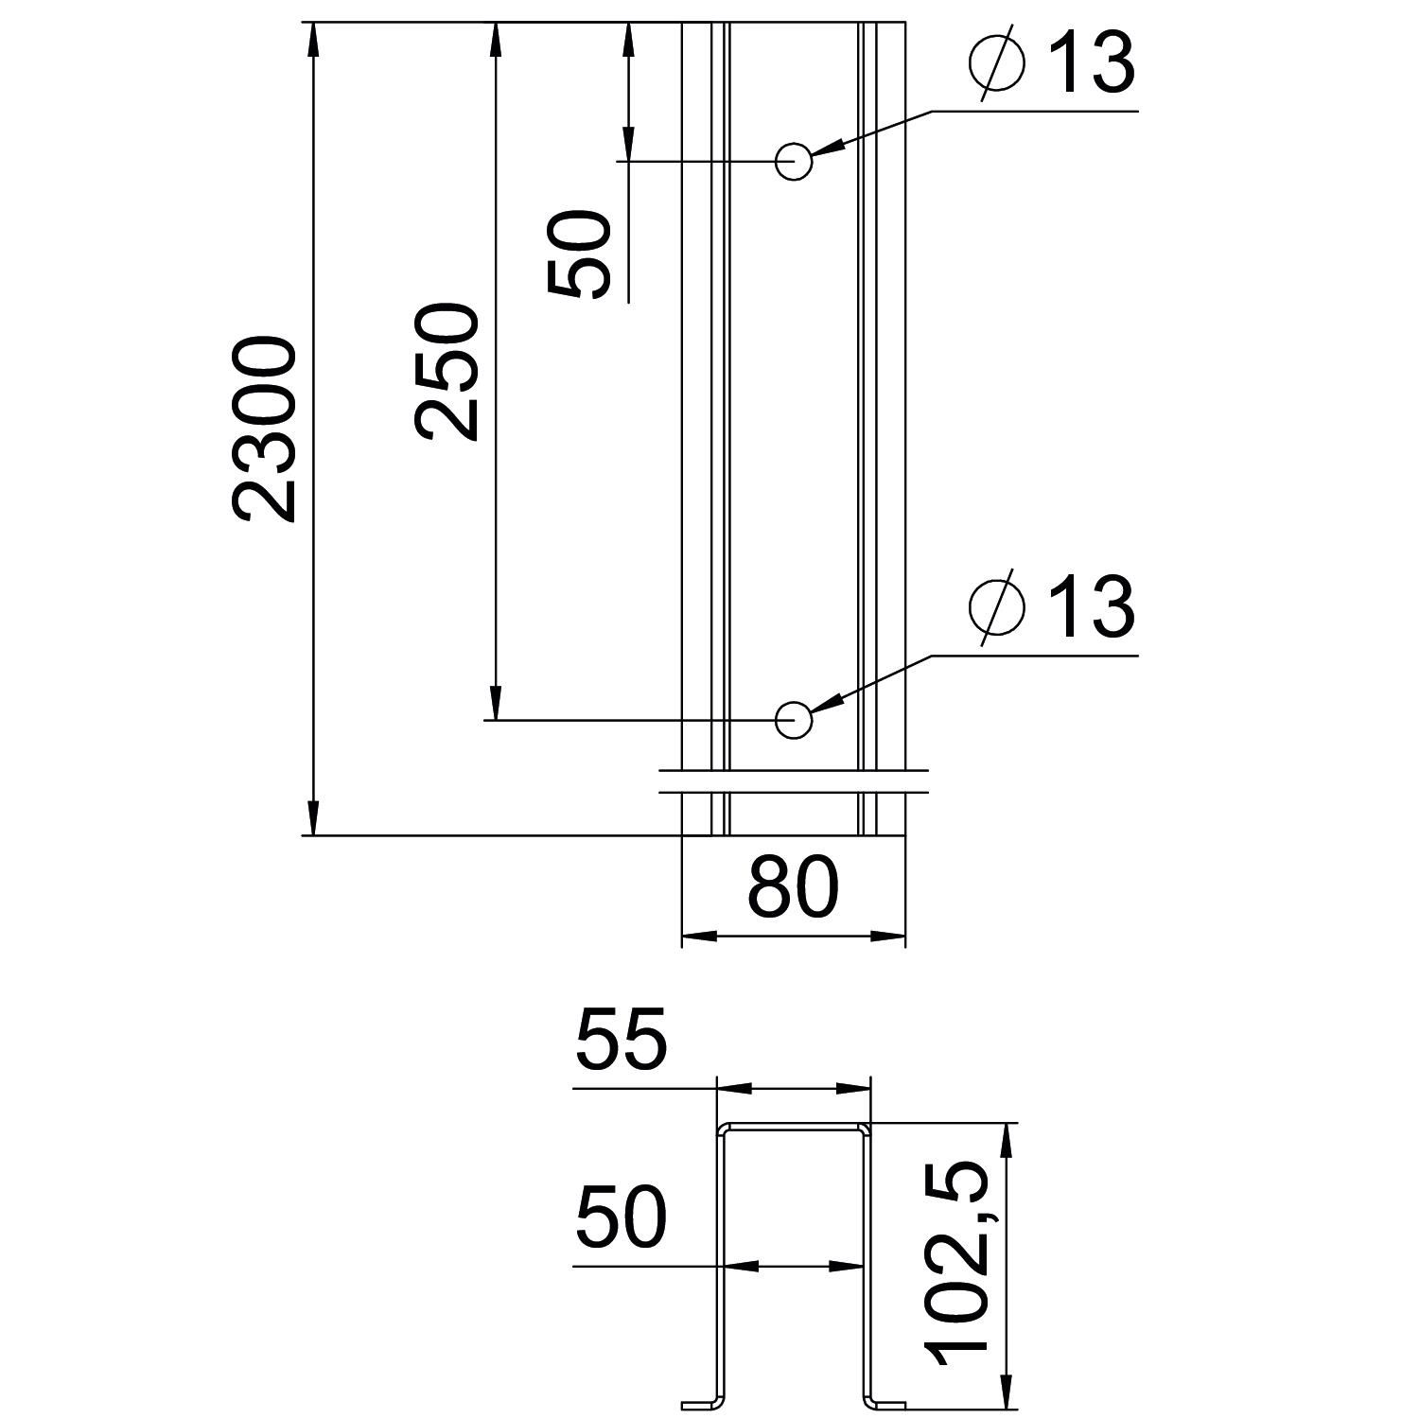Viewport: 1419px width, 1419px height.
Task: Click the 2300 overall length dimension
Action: click(265, 428)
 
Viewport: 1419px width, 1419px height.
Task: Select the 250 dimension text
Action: click(447, 371)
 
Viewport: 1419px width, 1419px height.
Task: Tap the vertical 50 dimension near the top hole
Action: click(579, 254)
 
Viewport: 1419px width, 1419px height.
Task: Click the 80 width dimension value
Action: click(793, 888)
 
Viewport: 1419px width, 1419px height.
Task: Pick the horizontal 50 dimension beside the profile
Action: click(621, 1216)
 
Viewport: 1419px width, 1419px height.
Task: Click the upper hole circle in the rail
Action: click(794, 162)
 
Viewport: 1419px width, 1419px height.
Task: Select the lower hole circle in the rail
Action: click(794, 720)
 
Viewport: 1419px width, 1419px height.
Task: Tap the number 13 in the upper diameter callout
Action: click(1092, 64)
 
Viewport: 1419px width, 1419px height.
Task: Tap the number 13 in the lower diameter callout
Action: click(1092, 607)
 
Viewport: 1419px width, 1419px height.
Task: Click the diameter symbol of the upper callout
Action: click(997, 64)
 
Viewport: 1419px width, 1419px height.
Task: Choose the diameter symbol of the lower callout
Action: click(997, 607)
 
